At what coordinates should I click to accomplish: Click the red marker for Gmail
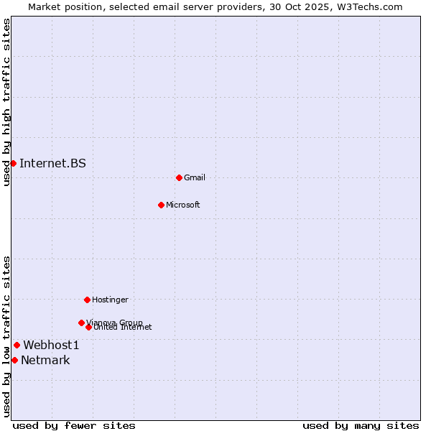(179, 177)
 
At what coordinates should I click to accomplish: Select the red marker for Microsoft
(162, 205)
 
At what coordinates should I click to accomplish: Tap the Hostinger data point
(87, 300)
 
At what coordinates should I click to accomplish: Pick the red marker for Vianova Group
(81, 323)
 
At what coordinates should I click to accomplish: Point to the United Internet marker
(88, 327)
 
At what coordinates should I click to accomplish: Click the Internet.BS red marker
(13, 163)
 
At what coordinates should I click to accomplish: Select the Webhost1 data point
(17, 345)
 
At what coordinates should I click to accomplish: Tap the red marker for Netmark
(14, 360)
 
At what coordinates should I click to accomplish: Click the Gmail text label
(195, 177)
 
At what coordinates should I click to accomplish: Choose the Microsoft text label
(183, 205)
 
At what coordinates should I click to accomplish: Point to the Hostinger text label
(110, 300)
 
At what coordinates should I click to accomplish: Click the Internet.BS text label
(52, 163)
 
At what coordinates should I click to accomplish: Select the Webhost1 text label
(51, 345)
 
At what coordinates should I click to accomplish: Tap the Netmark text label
(45, 360)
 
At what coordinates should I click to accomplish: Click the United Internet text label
(123, 328)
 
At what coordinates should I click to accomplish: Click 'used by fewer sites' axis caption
(74, 425)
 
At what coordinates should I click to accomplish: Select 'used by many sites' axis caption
(361, 425)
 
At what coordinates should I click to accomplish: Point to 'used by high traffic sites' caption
(6, 102)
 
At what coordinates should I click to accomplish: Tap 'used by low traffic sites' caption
(6, 336)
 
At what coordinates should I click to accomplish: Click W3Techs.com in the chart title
(368, 6)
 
